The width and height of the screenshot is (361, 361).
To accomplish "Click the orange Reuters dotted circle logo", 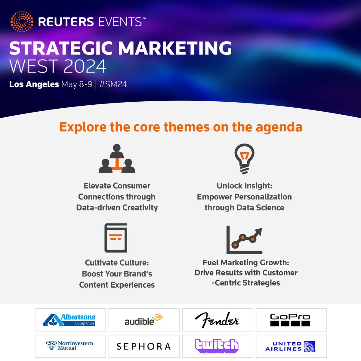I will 22,22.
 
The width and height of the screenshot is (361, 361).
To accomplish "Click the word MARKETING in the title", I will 175,48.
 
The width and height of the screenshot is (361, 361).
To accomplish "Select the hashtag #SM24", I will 113,84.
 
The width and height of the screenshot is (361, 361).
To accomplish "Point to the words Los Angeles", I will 34,84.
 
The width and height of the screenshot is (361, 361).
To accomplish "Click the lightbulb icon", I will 244,159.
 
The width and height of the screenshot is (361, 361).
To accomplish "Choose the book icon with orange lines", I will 116,238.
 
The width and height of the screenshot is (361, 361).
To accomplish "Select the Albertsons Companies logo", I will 70,320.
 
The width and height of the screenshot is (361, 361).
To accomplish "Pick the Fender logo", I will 217,320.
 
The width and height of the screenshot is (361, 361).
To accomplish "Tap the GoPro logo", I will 290,320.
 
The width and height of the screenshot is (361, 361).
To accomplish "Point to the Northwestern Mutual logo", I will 70,346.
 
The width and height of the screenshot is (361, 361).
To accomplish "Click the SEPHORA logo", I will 144,346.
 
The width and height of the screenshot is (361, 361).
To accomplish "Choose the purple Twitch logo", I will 217,346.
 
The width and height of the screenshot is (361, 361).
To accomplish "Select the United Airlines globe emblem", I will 310,346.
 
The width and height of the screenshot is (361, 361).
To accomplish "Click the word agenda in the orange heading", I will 279,127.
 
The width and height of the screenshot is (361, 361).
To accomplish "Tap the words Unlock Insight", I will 244,186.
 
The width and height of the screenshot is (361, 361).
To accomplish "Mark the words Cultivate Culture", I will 117,263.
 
